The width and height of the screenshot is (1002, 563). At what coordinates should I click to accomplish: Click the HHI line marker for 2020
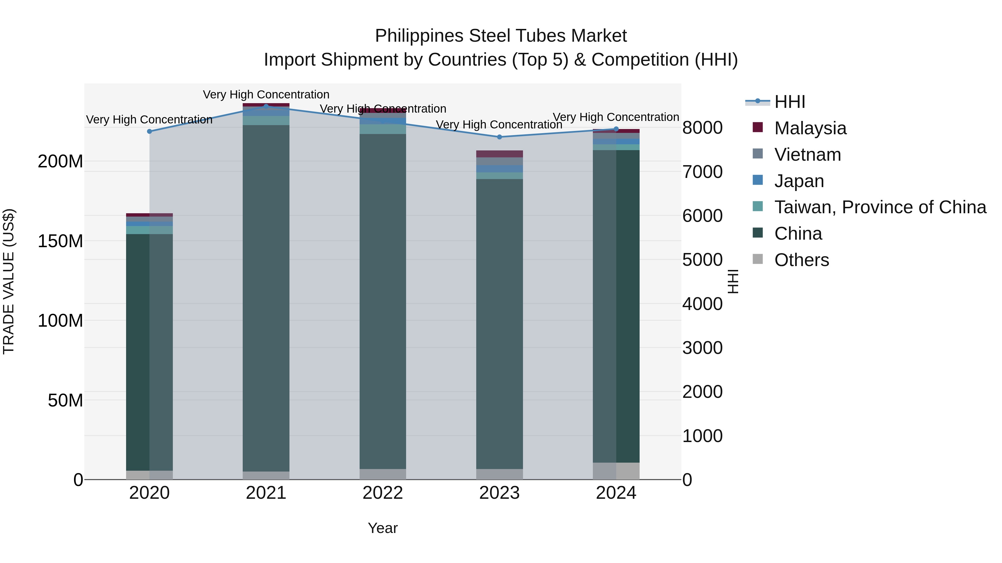[x=149, y=131]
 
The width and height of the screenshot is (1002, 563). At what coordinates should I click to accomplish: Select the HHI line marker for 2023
[x=499, y=137]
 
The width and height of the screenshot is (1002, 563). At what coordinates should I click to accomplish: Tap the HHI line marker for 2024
[x=616, y=129]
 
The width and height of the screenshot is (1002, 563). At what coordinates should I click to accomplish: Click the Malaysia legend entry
[x=810, y=128]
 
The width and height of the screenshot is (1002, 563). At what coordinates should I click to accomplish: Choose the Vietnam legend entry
[x=807, y=155]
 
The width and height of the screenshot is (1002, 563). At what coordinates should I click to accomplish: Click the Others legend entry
[x=801, y=260]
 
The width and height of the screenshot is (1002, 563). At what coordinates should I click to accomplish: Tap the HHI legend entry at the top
[x=789, y=102]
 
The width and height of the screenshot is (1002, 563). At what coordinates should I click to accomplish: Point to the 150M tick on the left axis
[x=60, y=241]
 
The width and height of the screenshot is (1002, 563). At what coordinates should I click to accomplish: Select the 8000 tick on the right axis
[x=703, y=128]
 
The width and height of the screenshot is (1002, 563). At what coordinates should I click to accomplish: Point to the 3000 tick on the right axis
[x=703, y=348]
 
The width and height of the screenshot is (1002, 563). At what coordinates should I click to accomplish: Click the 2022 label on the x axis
[x=383, y=493]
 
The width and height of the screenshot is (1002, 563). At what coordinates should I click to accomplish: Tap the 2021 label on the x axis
[x=266, y=493]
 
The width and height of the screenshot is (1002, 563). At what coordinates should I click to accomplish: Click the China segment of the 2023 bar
[x=499, y=323]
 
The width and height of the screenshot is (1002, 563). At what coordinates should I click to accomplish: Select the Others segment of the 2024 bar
[x=616, y=471]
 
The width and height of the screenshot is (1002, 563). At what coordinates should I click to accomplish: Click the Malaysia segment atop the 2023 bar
[x=499, y=154]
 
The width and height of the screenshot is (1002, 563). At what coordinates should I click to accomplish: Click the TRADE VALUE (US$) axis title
[x=9, y=281]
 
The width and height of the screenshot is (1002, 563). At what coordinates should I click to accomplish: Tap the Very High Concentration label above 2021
[x=266, y=95]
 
